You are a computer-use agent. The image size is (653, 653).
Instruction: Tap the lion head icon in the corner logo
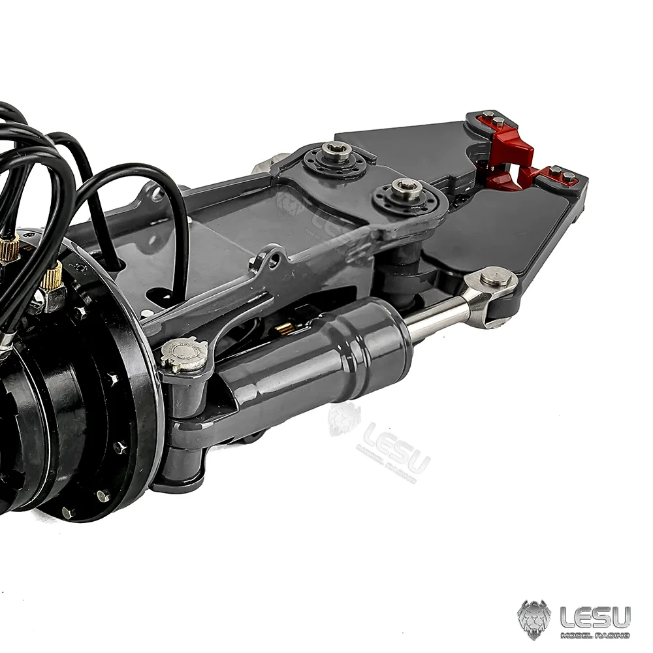[534, 619]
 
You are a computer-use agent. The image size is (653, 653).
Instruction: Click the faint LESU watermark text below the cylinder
[396, 447]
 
